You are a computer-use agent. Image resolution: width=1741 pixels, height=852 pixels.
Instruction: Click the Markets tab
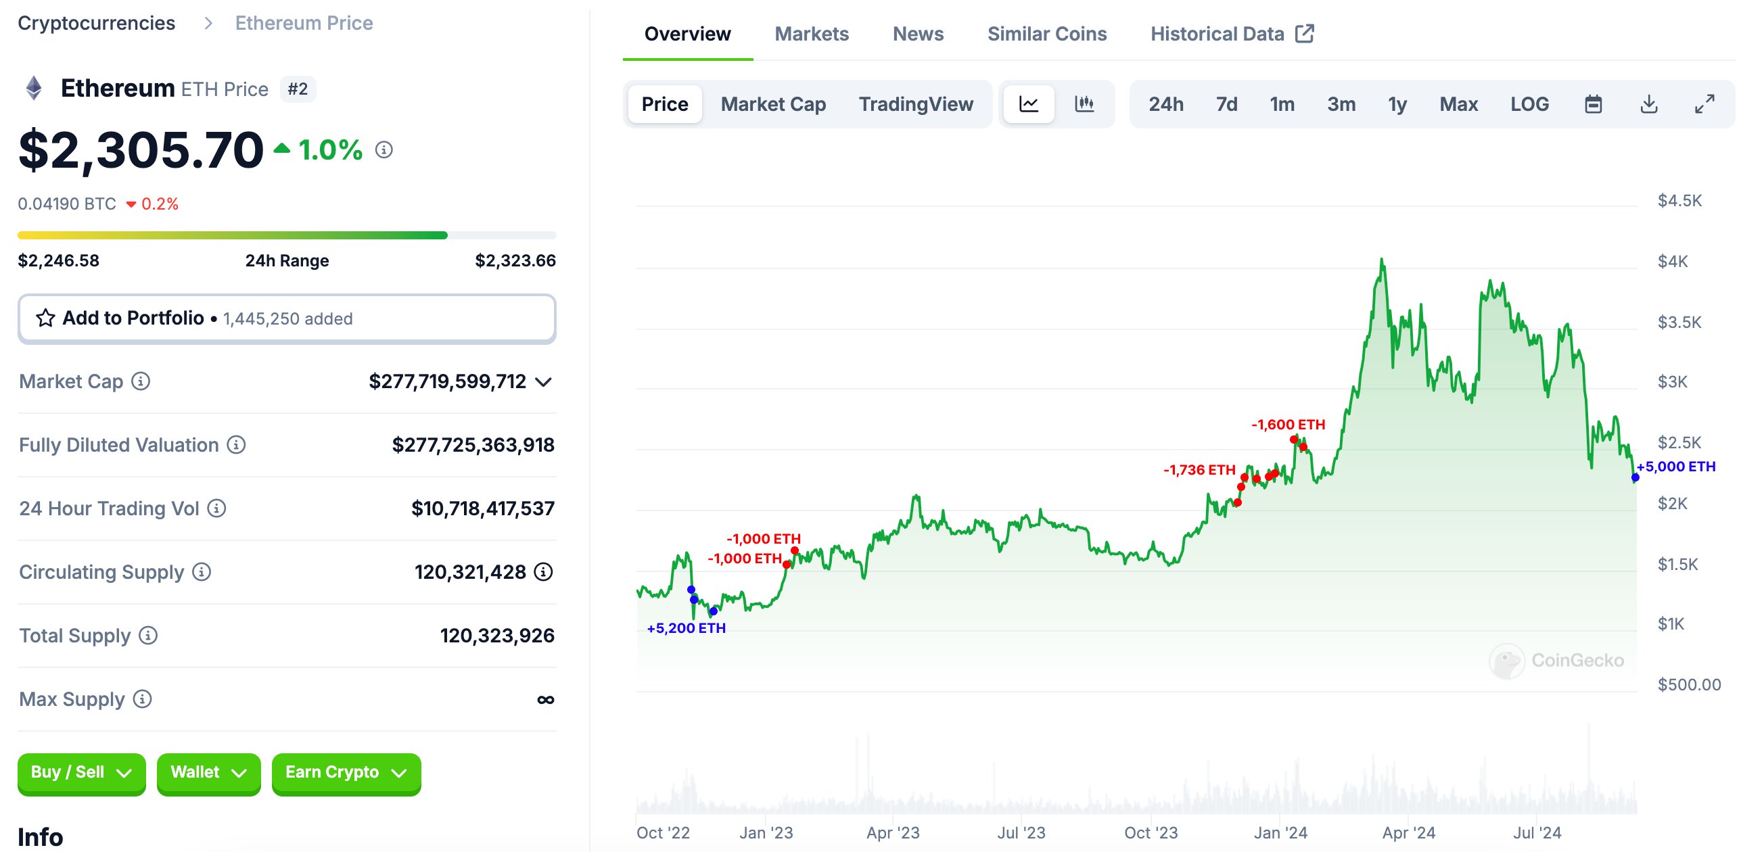[811, 34]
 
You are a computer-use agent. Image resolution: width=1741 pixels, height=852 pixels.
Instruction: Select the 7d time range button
[1226, 104]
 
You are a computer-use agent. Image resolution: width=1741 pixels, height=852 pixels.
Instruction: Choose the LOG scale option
[1529, 104]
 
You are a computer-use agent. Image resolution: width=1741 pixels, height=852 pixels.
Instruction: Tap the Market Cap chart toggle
[773, 104]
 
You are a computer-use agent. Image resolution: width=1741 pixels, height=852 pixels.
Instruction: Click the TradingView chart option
[916, 104]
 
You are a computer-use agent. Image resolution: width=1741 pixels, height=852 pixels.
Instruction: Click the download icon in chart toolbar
[1649, 104]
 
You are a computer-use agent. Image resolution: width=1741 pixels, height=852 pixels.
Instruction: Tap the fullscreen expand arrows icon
[1704, 104]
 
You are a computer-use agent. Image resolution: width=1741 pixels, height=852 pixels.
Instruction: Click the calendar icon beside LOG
[1593, 104]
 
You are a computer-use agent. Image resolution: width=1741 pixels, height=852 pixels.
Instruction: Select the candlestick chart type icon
[1084, 104]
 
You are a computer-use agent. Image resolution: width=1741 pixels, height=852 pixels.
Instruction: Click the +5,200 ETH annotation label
[686, 628]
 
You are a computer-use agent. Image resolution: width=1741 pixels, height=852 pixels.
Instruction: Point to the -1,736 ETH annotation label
[1199, 470]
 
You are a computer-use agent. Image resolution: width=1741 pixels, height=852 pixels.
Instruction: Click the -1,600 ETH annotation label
[1288, 425]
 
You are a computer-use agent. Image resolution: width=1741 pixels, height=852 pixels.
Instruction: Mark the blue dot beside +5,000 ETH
[1635, 478]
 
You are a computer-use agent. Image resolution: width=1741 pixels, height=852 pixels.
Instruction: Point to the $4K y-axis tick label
[1672, 262]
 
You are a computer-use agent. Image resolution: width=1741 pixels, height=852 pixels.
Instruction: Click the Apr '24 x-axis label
[1408, 833]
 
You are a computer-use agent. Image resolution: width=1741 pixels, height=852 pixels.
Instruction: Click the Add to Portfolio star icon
[45, 318]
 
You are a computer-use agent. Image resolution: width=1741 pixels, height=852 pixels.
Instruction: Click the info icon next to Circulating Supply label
[202, 572]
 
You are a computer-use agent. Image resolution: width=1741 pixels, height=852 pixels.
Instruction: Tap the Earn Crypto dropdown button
[346, 773]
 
